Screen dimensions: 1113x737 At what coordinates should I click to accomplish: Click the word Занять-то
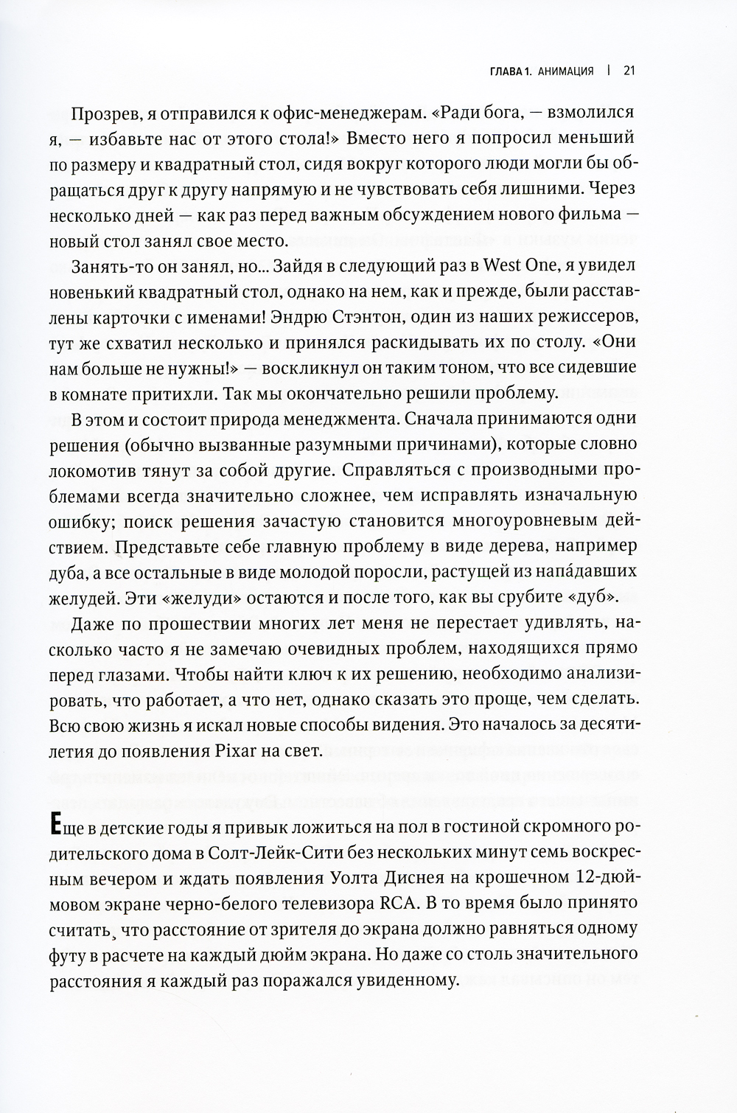coord(105,266)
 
